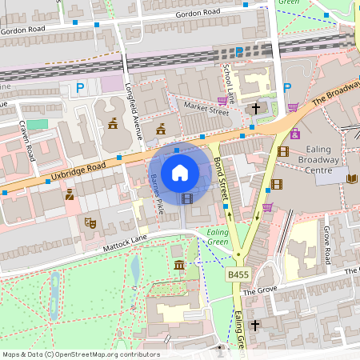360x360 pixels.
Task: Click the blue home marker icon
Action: (x=180, y=172)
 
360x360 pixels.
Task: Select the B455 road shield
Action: (x=237, y=274)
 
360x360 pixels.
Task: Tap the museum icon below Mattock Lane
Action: (x=178, y=265)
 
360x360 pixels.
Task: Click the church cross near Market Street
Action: (x=256, y=108)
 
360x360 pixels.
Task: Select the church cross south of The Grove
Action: (x=255, y=326)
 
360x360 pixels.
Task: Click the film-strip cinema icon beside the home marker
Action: (x=187, y=198)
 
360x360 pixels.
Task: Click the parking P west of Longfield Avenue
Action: (x=78, y=87)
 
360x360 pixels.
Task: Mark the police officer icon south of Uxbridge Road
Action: (x=70, y=194)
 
